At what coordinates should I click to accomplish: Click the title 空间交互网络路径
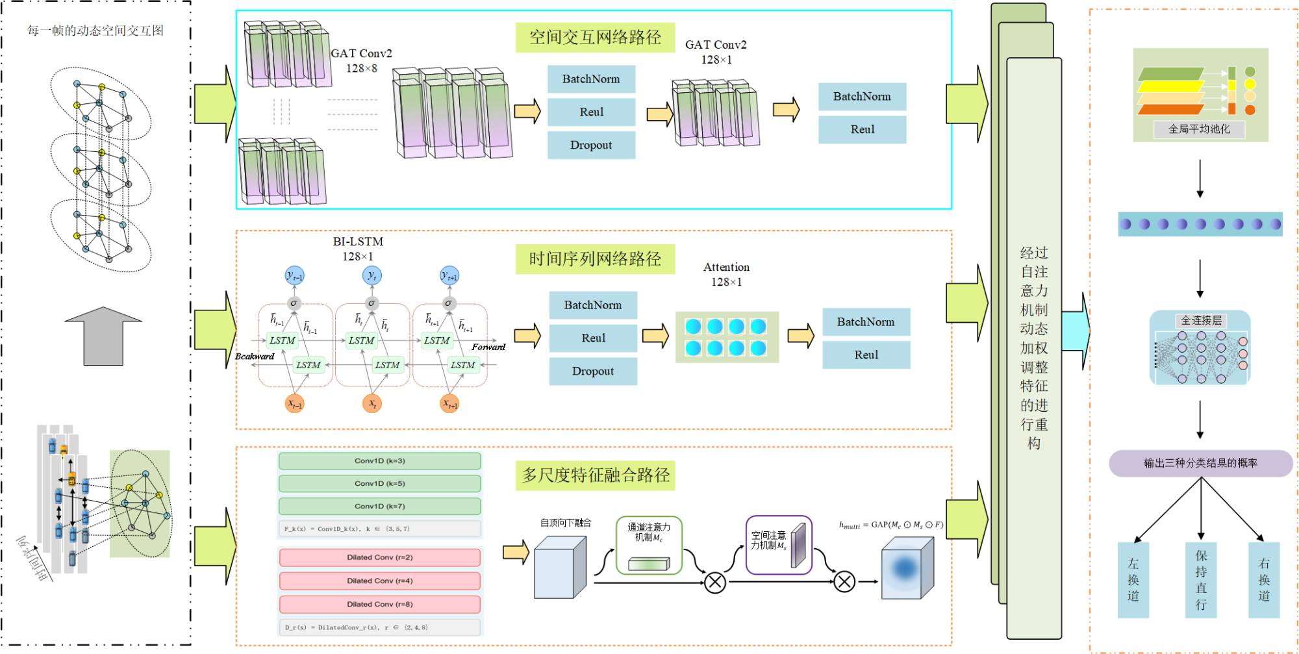[595, 37]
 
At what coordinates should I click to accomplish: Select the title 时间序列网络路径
[595, 259]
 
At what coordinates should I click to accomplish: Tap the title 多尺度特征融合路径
[596, 475]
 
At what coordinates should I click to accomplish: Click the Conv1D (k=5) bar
[380, 484]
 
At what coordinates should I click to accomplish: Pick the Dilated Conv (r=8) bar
[380, 605]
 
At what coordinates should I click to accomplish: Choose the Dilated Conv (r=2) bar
[380, 558]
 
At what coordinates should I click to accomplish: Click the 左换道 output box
[1133, 580]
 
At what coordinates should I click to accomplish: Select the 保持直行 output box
[1201, 580]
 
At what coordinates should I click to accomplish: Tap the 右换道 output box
[1264, 580]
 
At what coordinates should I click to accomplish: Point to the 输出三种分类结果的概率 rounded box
[1200, 463]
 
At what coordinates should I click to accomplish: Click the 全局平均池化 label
[1199, 129]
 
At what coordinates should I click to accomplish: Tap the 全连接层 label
[1201, 320]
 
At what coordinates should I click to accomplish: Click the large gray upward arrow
[103, 335]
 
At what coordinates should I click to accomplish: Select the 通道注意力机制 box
[649, 546]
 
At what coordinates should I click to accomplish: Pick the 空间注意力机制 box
[779, 546]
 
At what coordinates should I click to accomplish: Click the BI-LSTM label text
[358, 242]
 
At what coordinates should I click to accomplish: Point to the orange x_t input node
[372, 403]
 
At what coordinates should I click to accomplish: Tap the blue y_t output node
[372, 275]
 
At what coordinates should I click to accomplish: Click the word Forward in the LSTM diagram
[488, 347]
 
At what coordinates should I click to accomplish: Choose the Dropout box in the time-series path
[593, 371]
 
